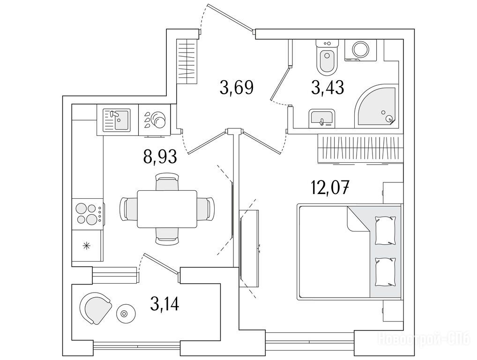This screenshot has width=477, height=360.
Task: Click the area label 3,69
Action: pyautogui.click(x=236, y=87)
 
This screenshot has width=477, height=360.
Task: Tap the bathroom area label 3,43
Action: pyautogui.click(x=328, y=87)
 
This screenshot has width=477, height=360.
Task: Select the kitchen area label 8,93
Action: pyautogui.click(x=160, y=156)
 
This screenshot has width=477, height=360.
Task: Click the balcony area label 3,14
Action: pyautogui.click(x=164, y=304)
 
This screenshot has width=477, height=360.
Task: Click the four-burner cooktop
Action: pyautogui.click(x=87, y=213)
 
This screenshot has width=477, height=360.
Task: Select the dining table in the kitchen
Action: pyautogui.click(x=167, y=209)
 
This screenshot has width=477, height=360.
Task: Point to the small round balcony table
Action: pyautogui.click(x=125, y=314)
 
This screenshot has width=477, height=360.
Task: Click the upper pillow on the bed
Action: pyautogui.click(x=385, y=230)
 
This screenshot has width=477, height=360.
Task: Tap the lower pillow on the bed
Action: pyautogui.click(x=385, y=272)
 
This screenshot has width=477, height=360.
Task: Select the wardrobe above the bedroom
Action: pyautogui.click(x=360, y=149)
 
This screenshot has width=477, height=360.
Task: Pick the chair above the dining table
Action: pyautogui.click(x=167, y=182)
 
